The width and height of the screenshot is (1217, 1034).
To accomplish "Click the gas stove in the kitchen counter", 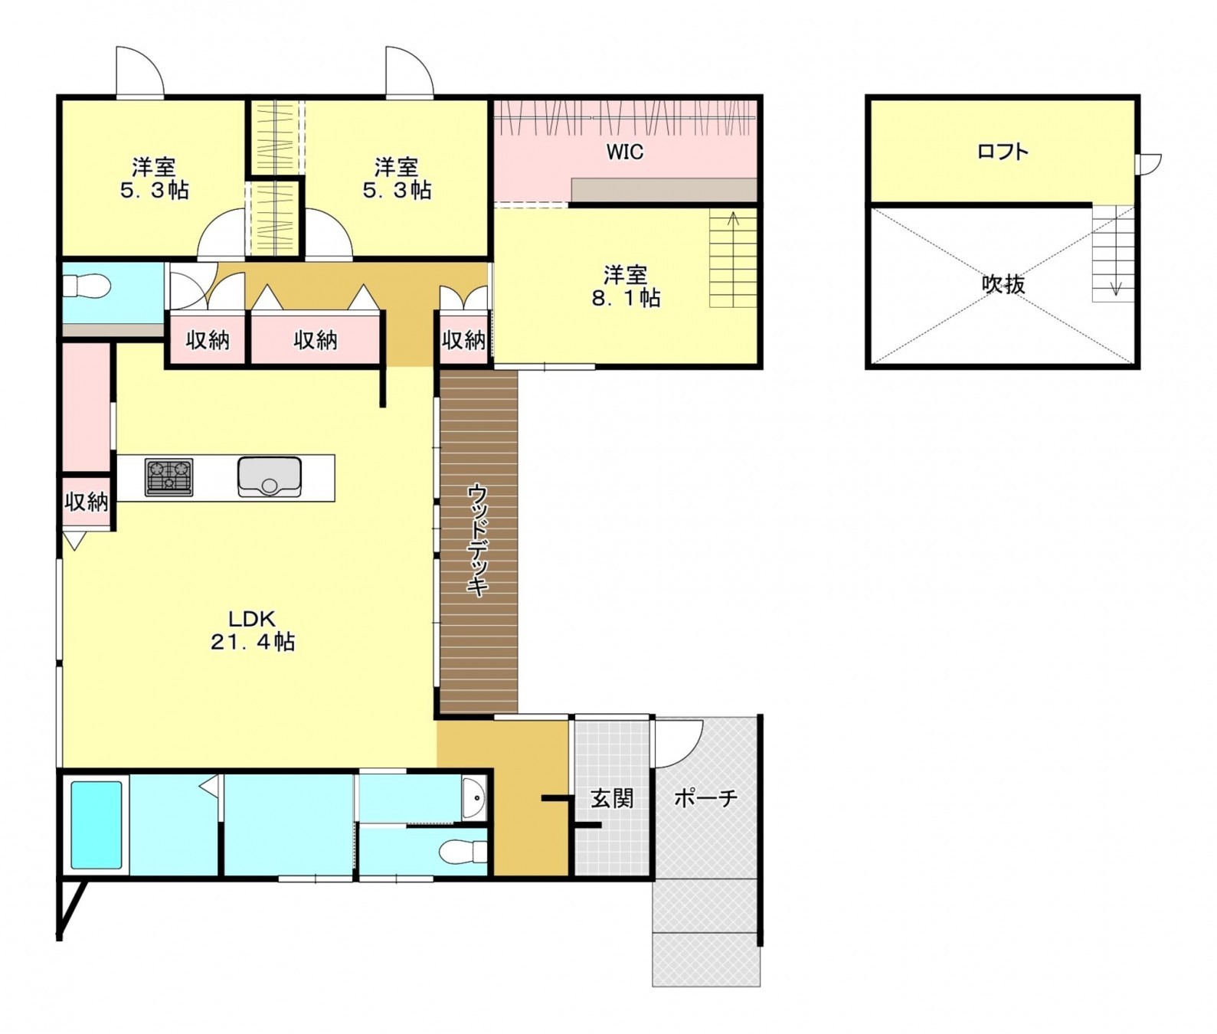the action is click(168, 477).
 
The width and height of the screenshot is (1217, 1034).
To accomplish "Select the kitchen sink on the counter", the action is click(269, 477).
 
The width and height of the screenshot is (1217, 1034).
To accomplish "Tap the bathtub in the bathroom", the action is click(97, 825).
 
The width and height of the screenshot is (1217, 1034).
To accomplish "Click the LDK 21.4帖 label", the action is click(253, 630).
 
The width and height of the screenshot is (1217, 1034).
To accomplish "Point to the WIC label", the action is click(625, 152).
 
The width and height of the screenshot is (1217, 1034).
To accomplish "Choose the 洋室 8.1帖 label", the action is click(626, 286).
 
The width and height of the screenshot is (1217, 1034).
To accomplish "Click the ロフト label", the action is click(1003, 151).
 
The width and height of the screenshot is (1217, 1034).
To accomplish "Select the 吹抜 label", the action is click(1003, 284).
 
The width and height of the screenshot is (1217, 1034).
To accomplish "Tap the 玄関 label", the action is click(612, 798).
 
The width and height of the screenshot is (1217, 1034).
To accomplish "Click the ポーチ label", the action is click(705, 798).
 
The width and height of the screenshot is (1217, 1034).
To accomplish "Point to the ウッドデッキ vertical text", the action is click(477, 540).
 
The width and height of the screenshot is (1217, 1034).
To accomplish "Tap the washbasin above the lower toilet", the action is click(475, 799).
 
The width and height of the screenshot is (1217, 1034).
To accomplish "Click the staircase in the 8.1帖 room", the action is click(733, 258).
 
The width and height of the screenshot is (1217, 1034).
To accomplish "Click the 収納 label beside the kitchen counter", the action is click(87, 502).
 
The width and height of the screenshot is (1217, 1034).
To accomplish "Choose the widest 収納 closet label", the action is click(316, 339).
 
